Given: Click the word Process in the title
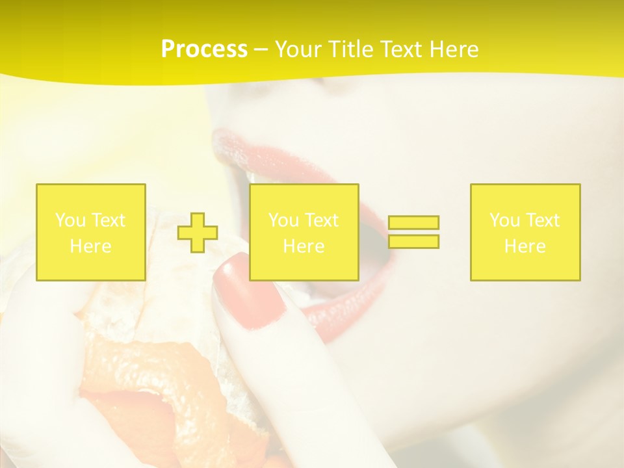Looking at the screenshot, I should (x=204, y=49).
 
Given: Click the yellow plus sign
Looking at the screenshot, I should (x=198, y=233).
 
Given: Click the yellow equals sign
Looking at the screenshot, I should (x=413, y=232).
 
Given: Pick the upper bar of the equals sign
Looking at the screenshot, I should (x=413, y=223).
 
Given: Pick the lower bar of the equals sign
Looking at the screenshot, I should (x=413, y=241).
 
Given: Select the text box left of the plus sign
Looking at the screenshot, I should (x=91, y=232).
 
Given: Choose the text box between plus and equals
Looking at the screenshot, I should (x=304, y=232).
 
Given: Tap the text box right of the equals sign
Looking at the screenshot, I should (x=525, y=232).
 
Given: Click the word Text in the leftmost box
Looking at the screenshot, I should (x=108, y=220).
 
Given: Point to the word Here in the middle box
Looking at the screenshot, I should (x=304, y=246).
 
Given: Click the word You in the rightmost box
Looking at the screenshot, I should (x=504, y=220).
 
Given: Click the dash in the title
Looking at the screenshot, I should (x=261, y=49).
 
